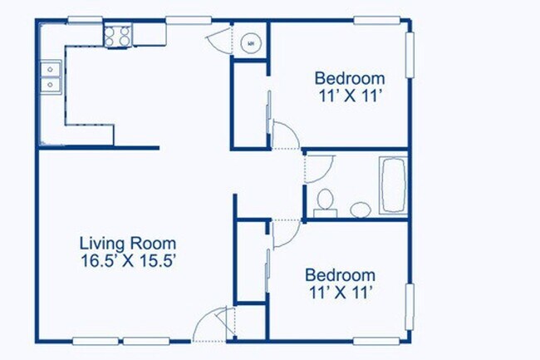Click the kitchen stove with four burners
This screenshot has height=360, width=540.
tap(118, 35)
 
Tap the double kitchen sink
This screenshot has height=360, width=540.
tap(51, 76)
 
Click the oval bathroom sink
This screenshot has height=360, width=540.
tap(361, 209)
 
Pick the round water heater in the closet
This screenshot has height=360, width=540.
tap(249, 43)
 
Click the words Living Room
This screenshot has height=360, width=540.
tap(127, 244)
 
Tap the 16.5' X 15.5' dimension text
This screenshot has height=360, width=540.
tap(127, 259)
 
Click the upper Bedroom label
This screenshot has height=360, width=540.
tap(349, 79)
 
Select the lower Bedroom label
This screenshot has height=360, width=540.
tap(340, 275)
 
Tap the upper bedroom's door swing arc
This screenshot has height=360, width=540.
tap(284, 135)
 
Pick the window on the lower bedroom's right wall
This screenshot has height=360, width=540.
tap(409, 307)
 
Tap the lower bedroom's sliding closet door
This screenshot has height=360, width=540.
tap(268, 270)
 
